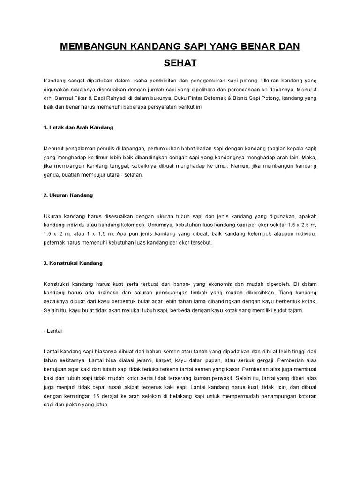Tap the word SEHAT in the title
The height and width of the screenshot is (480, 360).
[x=180, y=62]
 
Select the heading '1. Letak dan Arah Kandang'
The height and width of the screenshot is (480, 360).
[x=78, y=127]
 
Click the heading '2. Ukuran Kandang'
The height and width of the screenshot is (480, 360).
[x=68, y=195]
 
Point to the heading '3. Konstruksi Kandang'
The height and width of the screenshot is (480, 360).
[x=73, y=263]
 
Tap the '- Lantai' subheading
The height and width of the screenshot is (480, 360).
[x=53, y=330]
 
